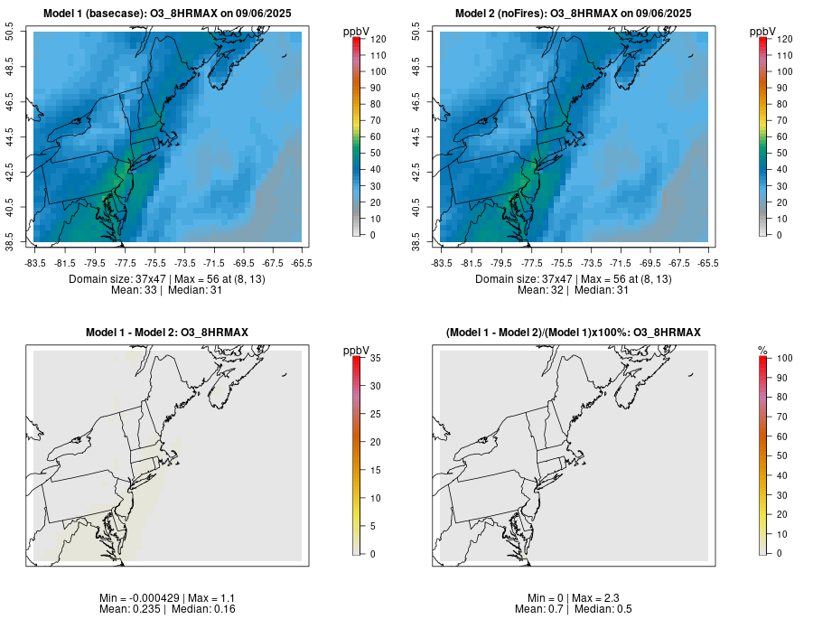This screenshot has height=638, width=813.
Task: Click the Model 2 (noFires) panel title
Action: [573, 14]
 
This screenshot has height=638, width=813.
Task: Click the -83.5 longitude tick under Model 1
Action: [35, 263]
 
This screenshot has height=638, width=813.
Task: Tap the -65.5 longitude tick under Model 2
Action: [708, 263]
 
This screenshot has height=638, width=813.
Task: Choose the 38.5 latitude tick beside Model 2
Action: [417, 242]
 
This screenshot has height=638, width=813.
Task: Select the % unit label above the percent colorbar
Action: [763, 350]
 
